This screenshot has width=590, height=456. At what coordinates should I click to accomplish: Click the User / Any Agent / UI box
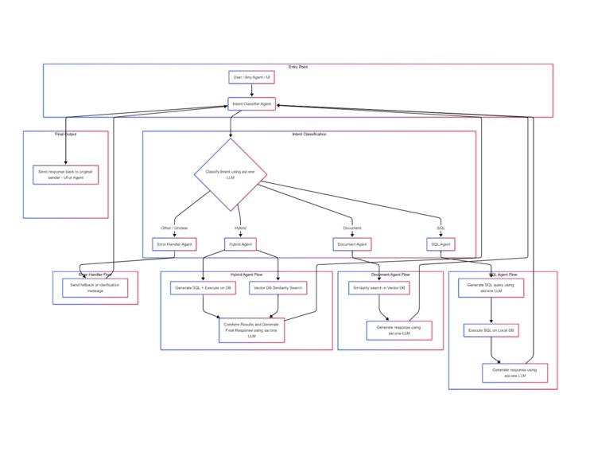(x=251, y=77)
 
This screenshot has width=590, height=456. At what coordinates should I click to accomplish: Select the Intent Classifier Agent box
(x=251, y=104)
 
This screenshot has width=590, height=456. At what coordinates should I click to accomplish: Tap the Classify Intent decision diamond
(x=231, y=175)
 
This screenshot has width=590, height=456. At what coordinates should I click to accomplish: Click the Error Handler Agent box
(x=174, y=244)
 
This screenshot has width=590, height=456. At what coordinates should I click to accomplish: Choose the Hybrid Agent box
(x=240, y=244)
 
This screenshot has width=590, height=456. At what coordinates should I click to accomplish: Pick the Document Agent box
(x=351, y=244)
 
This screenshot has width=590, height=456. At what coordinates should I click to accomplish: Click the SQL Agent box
(x=441, y=244)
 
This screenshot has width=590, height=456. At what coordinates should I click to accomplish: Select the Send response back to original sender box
(x=66, y=174)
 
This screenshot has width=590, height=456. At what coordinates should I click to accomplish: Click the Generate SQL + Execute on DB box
(x=203, y=287)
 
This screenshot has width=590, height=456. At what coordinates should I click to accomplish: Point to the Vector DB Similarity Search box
(x=277, y=287)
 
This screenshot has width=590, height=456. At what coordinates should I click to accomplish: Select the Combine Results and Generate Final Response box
(x=251, y=329)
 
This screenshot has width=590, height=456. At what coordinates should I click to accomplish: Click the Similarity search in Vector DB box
(x=378, y=287)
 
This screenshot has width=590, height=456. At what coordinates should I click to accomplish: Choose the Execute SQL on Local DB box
(x=491, y=329)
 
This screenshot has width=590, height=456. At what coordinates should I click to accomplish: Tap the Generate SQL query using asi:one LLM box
(x=491, y=287)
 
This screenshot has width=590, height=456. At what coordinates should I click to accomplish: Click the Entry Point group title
(x=298, y=67)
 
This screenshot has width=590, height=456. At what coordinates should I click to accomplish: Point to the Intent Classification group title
(x=309, y=134)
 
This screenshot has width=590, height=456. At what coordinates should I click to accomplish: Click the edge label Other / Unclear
(x=174, y=228)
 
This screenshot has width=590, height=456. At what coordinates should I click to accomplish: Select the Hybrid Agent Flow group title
(x=246, y=274)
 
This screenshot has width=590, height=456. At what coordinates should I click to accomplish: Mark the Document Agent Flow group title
(x=390, y=274)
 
